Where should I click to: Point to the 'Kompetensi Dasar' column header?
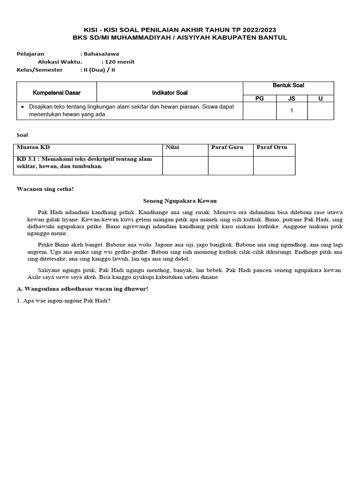tap(56, 93)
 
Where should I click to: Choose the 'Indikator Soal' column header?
tap(170, 93)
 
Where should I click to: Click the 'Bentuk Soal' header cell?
tap(288, 85)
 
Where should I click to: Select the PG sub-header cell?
tap(259, 98)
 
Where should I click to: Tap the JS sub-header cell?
tap(291, 98)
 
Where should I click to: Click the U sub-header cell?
tap(321, 98)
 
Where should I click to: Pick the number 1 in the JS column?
tap(292, 111)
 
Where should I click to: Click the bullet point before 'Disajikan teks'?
tap(22, 106)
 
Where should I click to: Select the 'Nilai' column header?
tap(172, 147)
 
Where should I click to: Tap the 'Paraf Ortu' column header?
tap(271, 147)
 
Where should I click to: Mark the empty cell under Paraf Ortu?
tap(274, 165)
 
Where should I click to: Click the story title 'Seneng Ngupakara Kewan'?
tap(180, 201)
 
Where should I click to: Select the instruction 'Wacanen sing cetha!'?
tap(45, 189)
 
